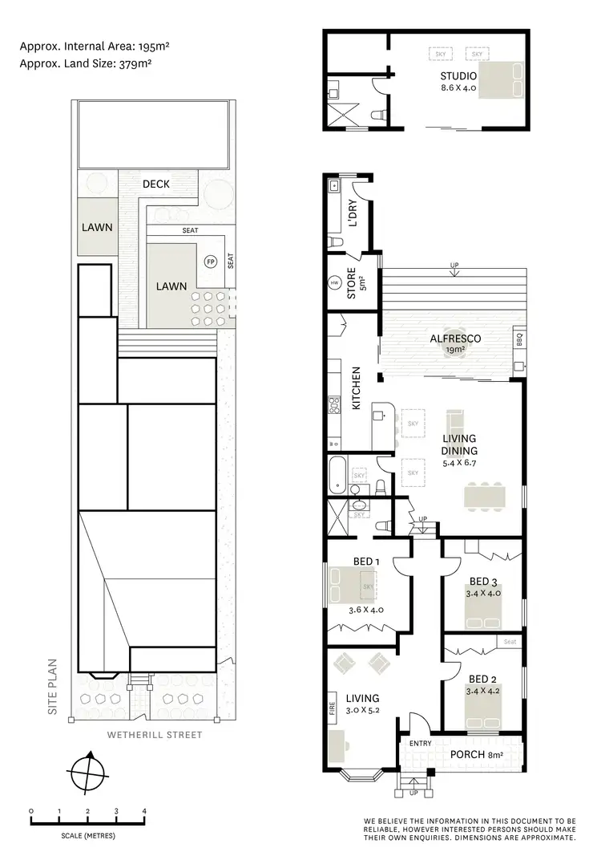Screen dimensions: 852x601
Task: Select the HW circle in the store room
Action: [334, 282]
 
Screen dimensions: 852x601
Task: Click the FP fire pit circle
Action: [211, 262]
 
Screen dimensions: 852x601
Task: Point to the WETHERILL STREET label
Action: [155, 735]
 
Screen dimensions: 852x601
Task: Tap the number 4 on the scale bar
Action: [144, 812]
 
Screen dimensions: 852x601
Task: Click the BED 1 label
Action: [362, 562]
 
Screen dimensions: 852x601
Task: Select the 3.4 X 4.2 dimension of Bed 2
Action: [482, 689]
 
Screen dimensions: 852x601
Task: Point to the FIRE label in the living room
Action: [332, 709]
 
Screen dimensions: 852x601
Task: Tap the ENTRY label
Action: [420, 744]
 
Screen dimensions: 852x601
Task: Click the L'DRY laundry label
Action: [353, 215]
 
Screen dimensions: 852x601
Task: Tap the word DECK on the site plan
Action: [156, 184]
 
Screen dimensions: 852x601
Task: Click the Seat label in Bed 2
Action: [510, 641]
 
